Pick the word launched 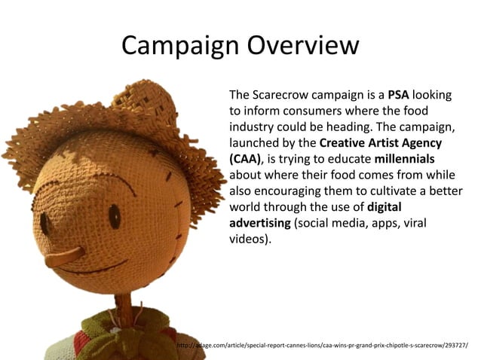(253, 143)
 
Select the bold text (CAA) (245, 159)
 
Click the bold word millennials (404, 159)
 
